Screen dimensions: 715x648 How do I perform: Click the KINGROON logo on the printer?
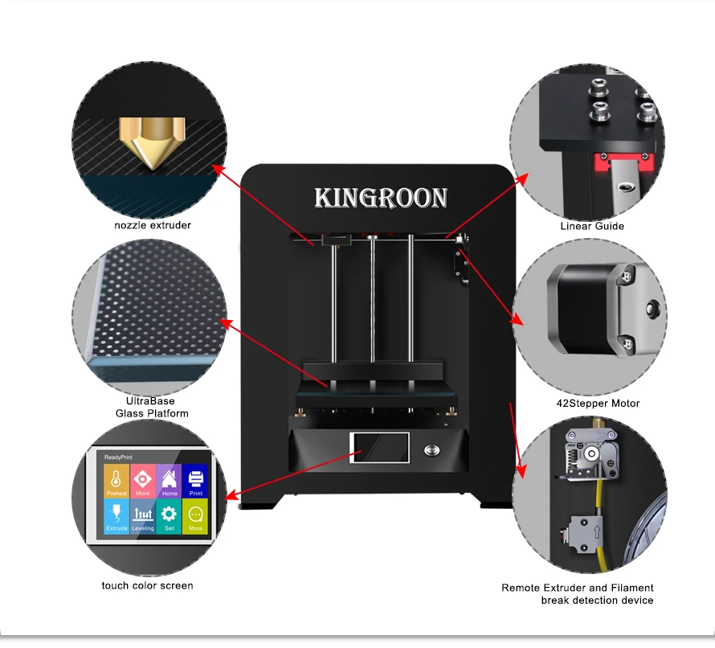[x=382, y=198]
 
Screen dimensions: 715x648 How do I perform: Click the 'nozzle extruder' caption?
[x=153, y=225]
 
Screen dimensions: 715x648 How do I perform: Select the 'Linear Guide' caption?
[x=592, y=226]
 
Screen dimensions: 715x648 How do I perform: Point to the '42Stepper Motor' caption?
[x=598, y=404]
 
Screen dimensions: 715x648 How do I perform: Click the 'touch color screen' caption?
[x=147, y=585]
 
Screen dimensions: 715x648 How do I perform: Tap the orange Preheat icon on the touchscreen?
[x=116, y=481]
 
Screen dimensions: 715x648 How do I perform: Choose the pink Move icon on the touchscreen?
[x=143, y=481]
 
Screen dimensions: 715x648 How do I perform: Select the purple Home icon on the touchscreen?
[x=170, y=481]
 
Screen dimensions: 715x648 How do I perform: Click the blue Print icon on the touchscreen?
[x=195, y=481]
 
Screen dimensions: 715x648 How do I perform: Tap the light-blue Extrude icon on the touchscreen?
[x=116, y=516]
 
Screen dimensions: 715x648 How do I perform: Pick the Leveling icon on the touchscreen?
[x=143, y=516]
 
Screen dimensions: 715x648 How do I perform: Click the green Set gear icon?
[x=170, y=516]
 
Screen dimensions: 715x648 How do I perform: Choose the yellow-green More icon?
[x=195, y=516]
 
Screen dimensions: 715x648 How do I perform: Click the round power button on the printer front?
[x=432, y=450]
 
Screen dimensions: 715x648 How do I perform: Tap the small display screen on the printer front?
[x=379, y=448]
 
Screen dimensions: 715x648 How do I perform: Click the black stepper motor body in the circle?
[x=585, y=309]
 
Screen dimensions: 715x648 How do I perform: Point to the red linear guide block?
[x=623, y=162]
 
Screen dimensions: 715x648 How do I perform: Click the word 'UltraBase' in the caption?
[x=150, y=401]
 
